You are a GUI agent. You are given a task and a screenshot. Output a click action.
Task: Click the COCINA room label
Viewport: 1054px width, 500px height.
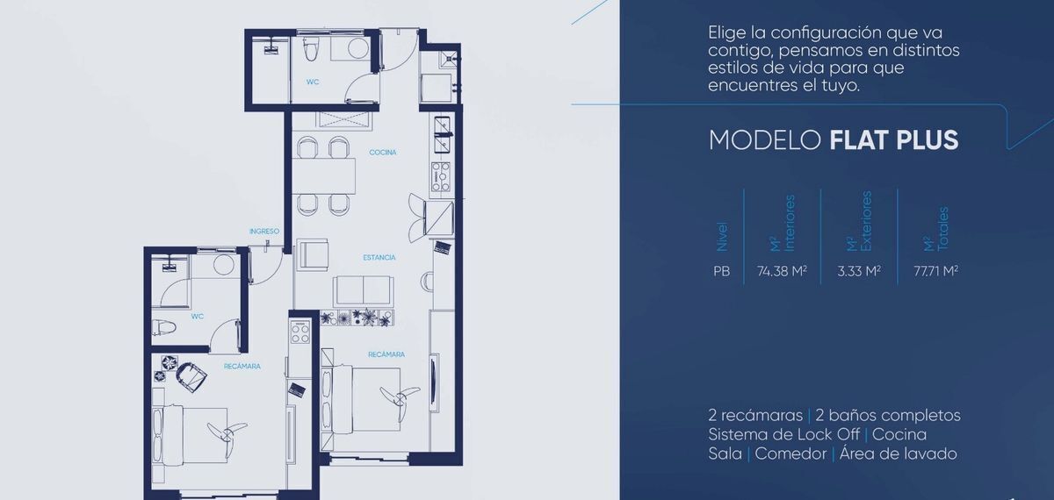(383, 153)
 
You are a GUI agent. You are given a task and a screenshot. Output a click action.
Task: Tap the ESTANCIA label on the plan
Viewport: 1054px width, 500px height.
(379, 258)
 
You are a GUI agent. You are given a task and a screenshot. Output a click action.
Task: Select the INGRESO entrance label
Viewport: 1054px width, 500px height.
(264, 232)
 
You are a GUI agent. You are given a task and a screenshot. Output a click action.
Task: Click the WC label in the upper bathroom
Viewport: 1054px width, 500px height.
(313, 82)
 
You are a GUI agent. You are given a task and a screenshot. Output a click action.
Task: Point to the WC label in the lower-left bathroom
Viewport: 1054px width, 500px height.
(197, 317)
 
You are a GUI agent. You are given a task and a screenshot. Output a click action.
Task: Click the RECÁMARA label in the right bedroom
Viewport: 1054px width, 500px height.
(386, 354)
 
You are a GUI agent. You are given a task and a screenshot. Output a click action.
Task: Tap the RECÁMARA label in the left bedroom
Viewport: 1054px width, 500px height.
(242, 366)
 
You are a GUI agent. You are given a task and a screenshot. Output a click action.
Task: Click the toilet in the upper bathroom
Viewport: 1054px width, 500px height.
(311, 48)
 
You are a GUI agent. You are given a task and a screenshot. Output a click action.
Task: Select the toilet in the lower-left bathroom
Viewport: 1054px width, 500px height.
(163, 326)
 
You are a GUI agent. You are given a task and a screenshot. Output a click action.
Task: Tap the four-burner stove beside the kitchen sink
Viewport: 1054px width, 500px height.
(441, 176)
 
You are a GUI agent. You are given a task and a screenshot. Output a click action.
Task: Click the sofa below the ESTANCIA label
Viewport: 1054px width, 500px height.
(363, 291)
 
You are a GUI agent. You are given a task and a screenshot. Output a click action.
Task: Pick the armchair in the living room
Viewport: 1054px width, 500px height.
(312, 254)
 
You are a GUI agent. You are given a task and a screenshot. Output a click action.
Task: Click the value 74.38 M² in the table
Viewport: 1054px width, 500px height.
(782, 271)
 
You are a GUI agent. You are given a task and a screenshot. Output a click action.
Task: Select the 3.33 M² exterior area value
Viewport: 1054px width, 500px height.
(859, 271)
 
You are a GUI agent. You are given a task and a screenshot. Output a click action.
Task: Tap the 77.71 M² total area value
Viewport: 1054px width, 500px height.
(936, 271)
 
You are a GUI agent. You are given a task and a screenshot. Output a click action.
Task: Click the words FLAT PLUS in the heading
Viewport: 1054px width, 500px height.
(894, 140)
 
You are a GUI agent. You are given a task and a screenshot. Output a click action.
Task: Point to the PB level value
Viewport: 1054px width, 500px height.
(721, 272)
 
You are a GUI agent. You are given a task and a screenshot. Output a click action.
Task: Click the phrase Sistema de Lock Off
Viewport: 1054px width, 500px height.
(783, 434)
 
